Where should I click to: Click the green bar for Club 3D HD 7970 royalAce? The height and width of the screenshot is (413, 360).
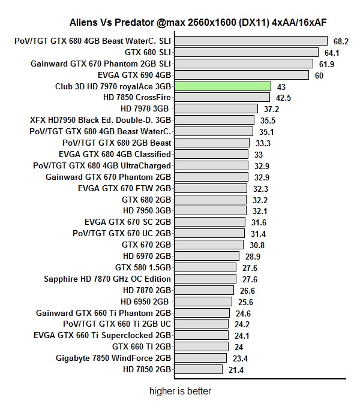223,86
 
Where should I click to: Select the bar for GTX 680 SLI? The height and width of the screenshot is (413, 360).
246,52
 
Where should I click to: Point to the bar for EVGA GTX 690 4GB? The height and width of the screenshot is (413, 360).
241,75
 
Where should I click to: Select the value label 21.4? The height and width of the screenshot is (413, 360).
235,370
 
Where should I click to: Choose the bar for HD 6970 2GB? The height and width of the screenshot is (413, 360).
206,257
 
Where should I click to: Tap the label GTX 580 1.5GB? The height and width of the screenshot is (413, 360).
143,268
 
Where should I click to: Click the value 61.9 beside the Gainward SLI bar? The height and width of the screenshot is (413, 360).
327,64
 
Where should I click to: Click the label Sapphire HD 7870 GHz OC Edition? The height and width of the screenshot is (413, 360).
107,279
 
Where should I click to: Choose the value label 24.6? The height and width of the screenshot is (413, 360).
243,313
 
